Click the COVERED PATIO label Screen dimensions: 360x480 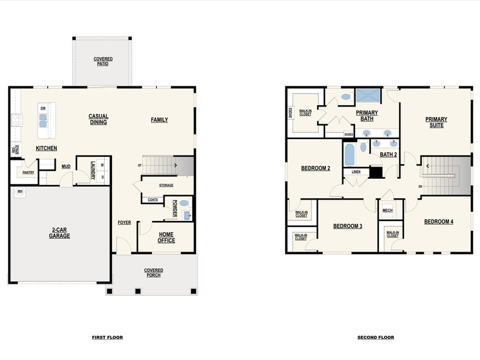(103, 61)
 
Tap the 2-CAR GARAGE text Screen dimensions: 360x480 (60, 233)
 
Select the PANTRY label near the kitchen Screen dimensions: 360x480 (28, 173)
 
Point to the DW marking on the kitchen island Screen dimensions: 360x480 (43, 108)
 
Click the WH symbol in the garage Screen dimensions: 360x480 (20, 192)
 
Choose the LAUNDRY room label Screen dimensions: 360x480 (93, 170)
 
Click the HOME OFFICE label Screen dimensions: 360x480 (167, 237)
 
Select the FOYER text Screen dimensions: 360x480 (124, 222)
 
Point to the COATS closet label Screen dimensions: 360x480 (152, 199)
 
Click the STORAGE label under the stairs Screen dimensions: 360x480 (166, 185)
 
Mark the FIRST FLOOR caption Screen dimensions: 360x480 (107, 337)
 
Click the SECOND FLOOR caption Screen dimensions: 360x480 (376, 337)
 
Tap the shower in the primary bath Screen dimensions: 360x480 (368, 96)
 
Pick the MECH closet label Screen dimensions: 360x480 (388, 211)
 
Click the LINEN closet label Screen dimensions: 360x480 (356, 172)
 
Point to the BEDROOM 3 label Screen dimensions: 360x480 (348, 226)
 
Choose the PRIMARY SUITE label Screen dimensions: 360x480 (437, 122)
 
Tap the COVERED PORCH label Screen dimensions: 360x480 (154, 272)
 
